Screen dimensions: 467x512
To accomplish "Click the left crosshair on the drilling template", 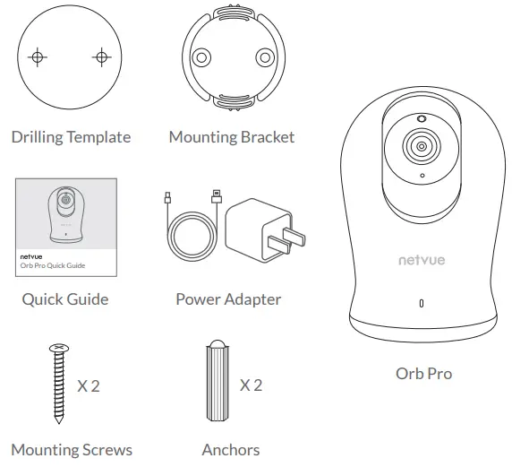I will (37, 57).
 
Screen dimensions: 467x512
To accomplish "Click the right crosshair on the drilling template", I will (100, 57).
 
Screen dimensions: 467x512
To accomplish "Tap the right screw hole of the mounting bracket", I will (261, 58).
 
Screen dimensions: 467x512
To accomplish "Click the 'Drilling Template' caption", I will (71, 137).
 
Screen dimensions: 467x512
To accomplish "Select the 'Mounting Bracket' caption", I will (231, 137).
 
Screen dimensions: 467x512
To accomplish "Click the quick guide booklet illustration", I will (66, 227).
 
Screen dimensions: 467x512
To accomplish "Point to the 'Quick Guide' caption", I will (65, 299).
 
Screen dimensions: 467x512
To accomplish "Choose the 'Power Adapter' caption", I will (228, 299).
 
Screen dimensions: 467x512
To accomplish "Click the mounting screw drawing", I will (60, 383).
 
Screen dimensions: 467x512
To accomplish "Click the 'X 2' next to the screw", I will (89, 386).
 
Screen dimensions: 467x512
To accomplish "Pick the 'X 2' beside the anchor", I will (251, 385).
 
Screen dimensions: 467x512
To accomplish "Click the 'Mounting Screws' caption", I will (72, 450).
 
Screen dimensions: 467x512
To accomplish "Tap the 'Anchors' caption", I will (231, 450).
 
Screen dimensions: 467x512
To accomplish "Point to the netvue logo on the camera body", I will (422, 261).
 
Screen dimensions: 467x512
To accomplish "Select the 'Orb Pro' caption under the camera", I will (423, 373).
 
